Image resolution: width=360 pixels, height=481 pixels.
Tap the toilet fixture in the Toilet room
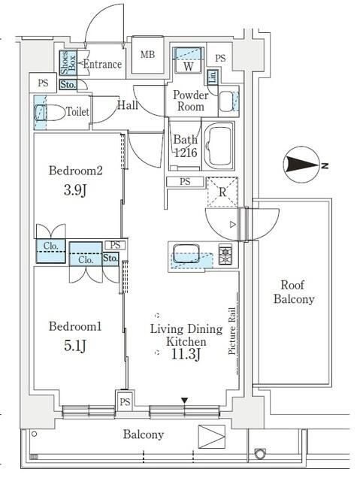(x=44, y=113)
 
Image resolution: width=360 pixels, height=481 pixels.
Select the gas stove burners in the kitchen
(x=225, y=255)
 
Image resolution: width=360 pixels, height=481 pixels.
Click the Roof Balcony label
(x=297, y=292)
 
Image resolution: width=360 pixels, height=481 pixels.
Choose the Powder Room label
(x=189, y=101)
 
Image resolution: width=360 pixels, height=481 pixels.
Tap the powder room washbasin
(x=228, y=101)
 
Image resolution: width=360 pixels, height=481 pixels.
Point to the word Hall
(x=127, y=105)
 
